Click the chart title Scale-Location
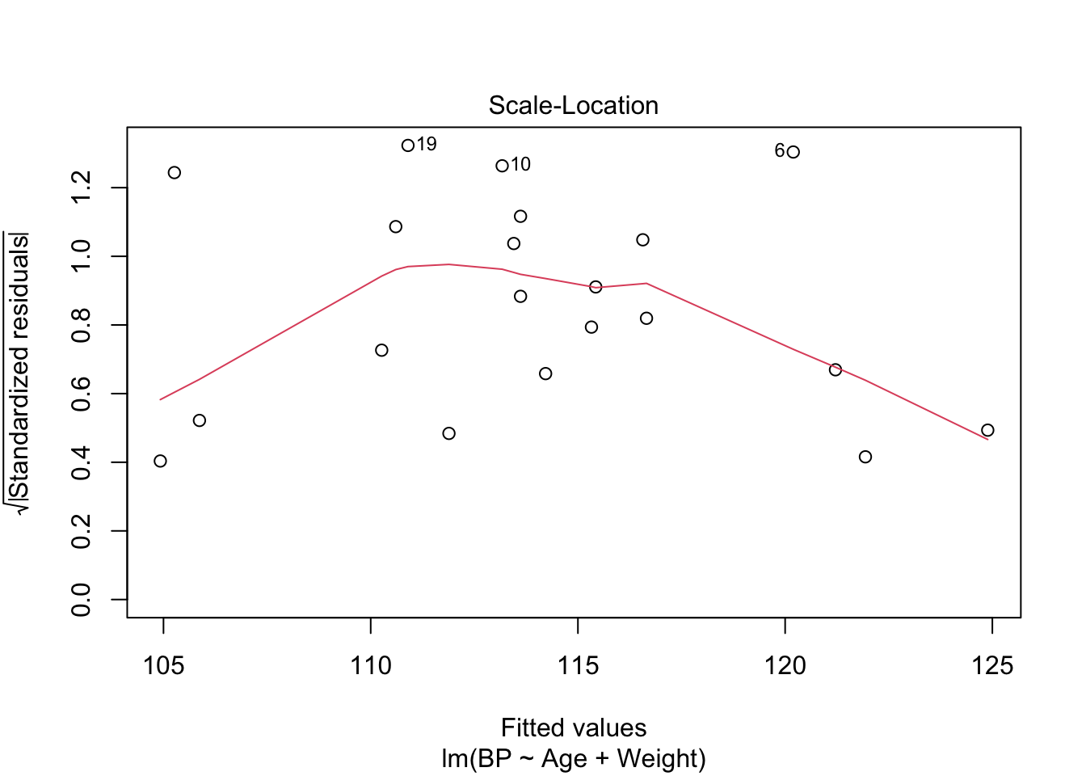pos(573,106)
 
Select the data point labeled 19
pos(408,145)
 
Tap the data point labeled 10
pos(502,166)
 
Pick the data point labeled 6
pos(793,152)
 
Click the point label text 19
pos(427,145)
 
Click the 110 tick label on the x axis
pos(370,666)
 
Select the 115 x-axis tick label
pos(578,666)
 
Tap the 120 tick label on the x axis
pos(785,666)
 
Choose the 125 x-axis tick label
pos(992,666)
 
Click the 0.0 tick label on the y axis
pos(82,600)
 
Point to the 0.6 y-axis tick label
pos(82,394)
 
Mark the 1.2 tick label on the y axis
pos(82,188)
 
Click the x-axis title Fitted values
pos(573,728)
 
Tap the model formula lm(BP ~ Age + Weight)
pos(573,759)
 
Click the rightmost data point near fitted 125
pos(987,430)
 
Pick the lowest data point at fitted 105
pos(160,461)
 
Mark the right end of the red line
pos(987,439)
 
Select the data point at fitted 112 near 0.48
pos(449,433)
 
